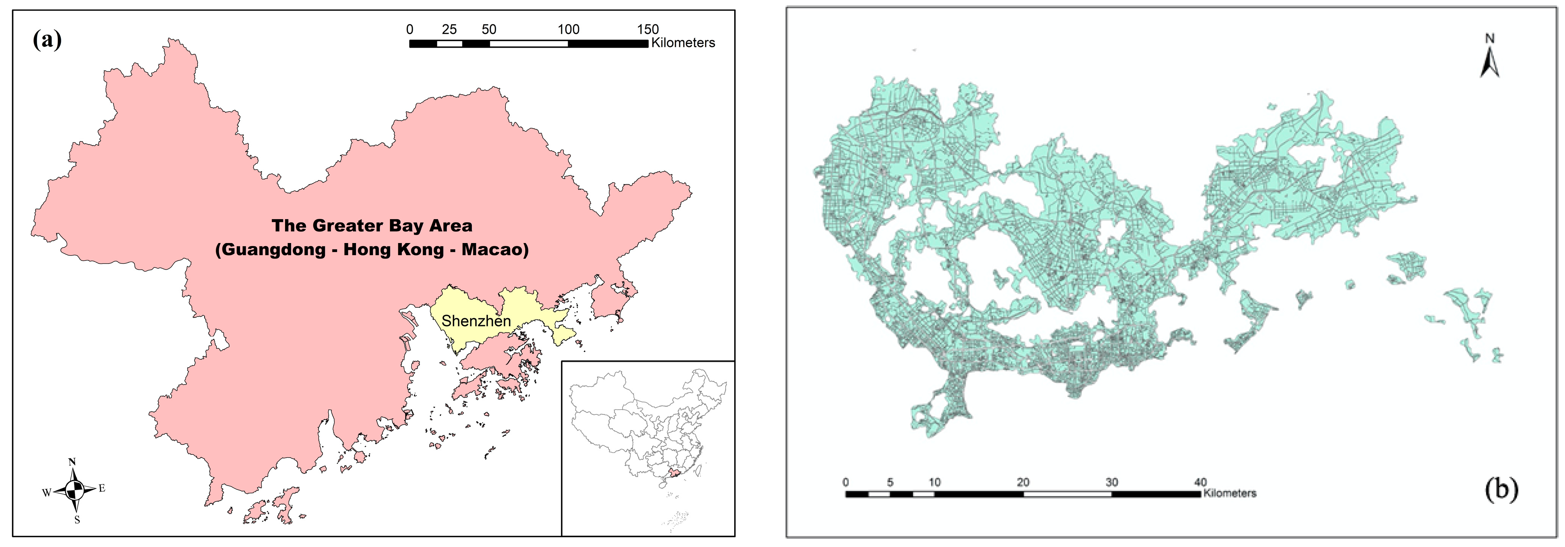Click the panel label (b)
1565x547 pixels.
(1501, 488)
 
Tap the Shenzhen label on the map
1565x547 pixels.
(476, 321)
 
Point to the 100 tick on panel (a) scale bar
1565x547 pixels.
(569, 29)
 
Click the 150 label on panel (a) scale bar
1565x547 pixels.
(648, 29)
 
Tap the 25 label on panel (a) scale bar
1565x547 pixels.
(449, 29)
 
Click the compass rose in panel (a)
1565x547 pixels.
(74, 490)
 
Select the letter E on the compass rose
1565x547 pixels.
(102, 488)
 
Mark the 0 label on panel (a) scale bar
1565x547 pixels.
(410, 29)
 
